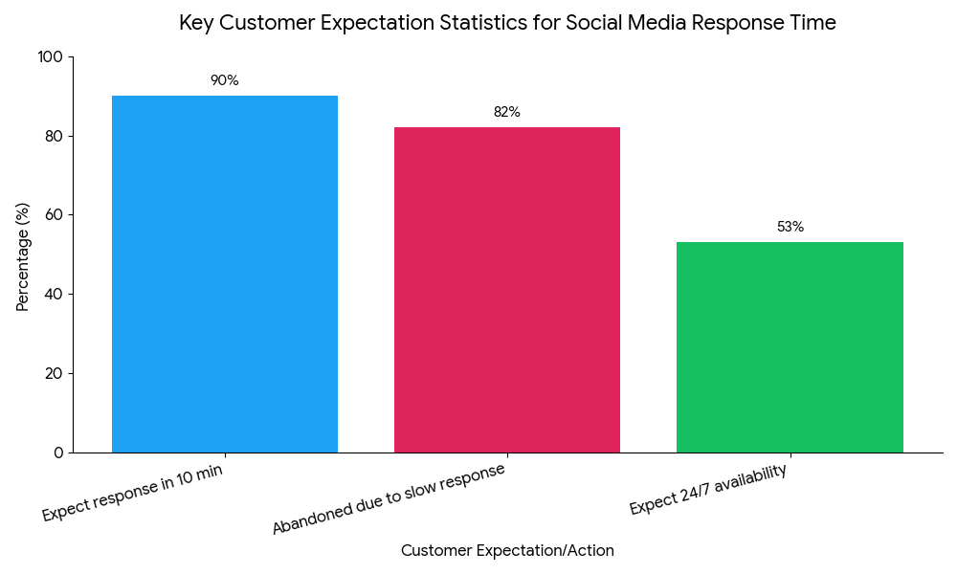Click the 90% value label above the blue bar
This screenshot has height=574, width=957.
point(225,80)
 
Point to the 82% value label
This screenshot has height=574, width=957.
point(507,112)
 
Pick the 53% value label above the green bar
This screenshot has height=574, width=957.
point(790,227)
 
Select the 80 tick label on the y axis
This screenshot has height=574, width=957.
point(54,136)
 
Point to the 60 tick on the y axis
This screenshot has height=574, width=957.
point(54,215)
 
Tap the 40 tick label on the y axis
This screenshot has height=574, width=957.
point(54,295)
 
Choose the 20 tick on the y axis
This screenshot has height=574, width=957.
point(54,373)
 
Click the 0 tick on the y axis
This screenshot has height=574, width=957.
point(58,453)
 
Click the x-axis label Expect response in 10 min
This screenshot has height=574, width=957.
point(132,494)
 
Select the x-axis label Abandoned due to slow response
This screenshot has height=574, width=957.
point(389,499)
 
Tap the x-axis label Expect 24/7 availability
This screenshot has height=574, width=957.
point(708,489)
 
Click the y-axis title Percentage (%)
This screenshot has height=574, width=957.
point(23,256)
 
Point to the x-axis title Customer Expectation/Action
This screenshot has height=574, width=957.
point(507,551)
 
